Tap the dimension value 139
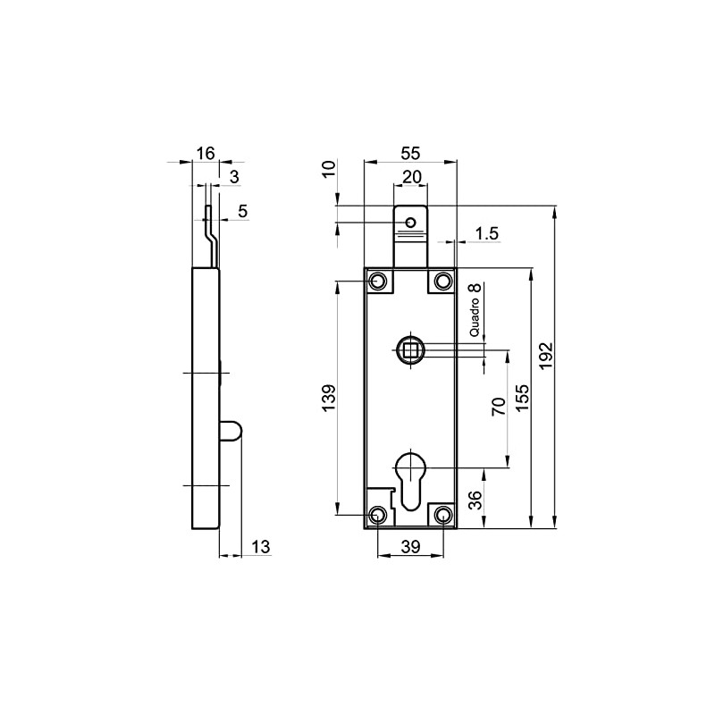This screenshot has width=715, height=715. pyautogui.click(x=328, y=398)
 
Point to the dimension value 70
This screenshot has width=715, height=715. pyautogui.click(x=499, y=407)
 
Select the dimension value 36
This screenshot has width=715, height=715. pyautogui.click(x=475, y=499)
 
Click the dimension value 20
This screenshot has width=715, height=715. pyautogui.click(x=411, y=177)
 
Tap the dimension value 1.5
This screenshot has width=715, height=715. pyautogui.click(x=487, y=233)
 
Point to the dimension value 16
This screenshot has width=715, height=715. pyautogui.click(x=206, y=154)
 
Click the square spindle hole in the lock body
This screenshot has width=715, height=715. pyautogui.click(x=410, y=349)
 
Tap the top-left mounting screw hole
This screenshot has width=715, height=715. pyautogui.click(x=379, y=282)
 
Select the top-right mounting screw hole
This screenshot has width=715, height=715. pyautogui.click(x=442, y=282)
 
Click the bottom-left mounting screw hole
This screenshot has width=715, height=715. pyautogui.click(x=379, y=515)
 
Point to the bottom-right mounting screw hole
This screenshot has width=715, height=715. pyautogui.click(x=442, y=515)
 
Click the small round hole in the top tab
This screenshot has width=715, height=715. pyautogui.click(x=410, y=222)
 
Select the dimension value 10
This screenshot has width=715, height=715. pyautogui.click(x=328, y=169)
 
